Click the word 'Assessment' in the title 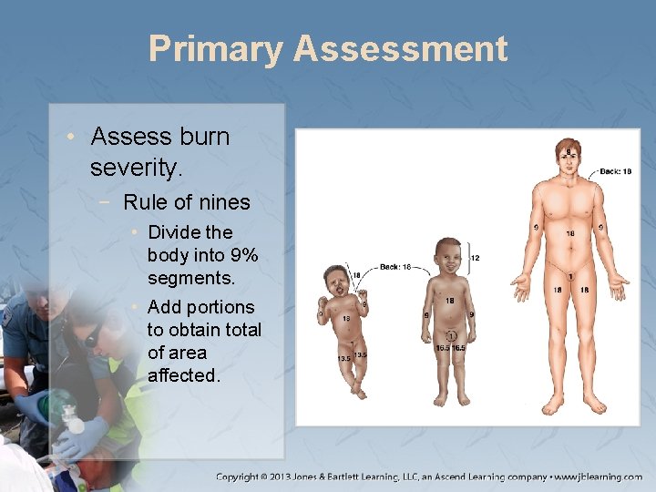click(400, 49)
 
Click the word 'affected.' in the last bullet click(184, 375)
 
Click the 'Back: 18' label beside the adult click(616, 171)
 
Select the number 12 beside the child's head click(475, 258)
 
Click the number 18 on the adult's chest click(570, 234)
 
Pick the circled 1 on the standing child click(450, 336)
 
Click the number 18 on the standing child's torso click(450, 301)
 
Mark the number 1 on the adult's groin click(570, 276)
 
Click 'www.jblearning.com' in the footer click(600, 477)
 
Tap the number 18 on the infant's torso click(345, 319)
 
